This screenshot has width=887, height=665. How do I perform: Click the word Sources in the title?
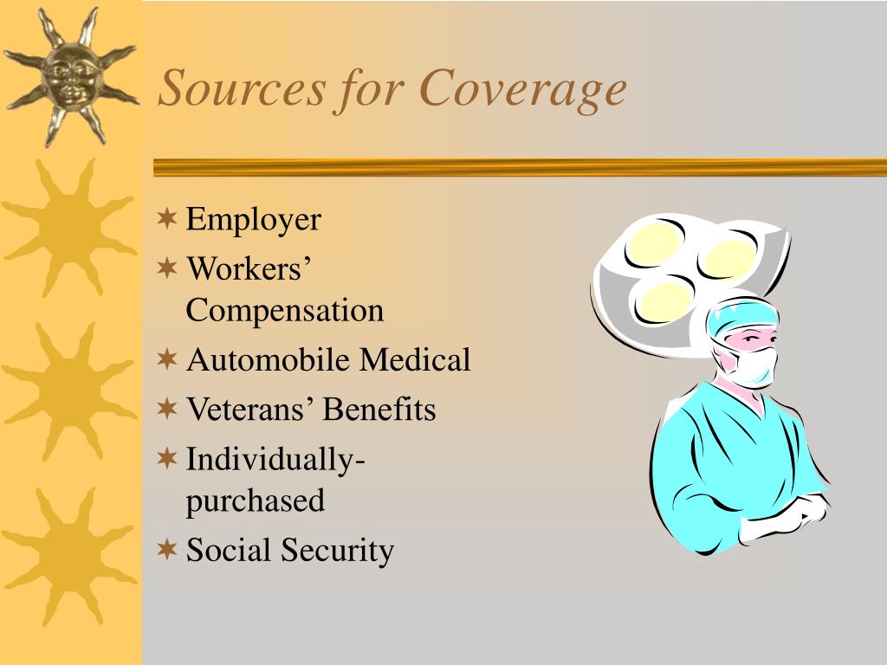pyautogui.click(x=242, y=90)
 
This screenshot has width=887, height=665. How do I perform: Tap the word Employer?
pyautogui.click(x=253, y=221)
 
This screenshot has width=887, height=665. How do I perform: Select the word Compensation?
pyautogui.click(x=284, y=311)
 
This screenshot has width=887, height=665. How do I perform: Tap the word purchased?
pyautogui.click(x=255, y=500)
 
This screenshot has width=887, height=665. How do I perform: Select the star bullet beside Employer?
pyautogui.click(x=167, y=217)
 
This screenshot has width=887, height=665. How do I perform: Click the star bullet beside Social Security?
pyautogui.click(x=167, y=548)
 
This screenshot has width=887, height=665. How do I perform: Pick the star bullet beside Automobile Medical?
pyautogui.click(x=167, y=358)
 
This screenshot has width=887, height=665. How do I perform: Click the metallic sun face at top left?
pyautogui.click(x=69, y=74)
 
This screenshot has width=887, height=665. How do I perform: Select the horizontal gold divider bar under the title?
pyautogui.click(x=520, y=167)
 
